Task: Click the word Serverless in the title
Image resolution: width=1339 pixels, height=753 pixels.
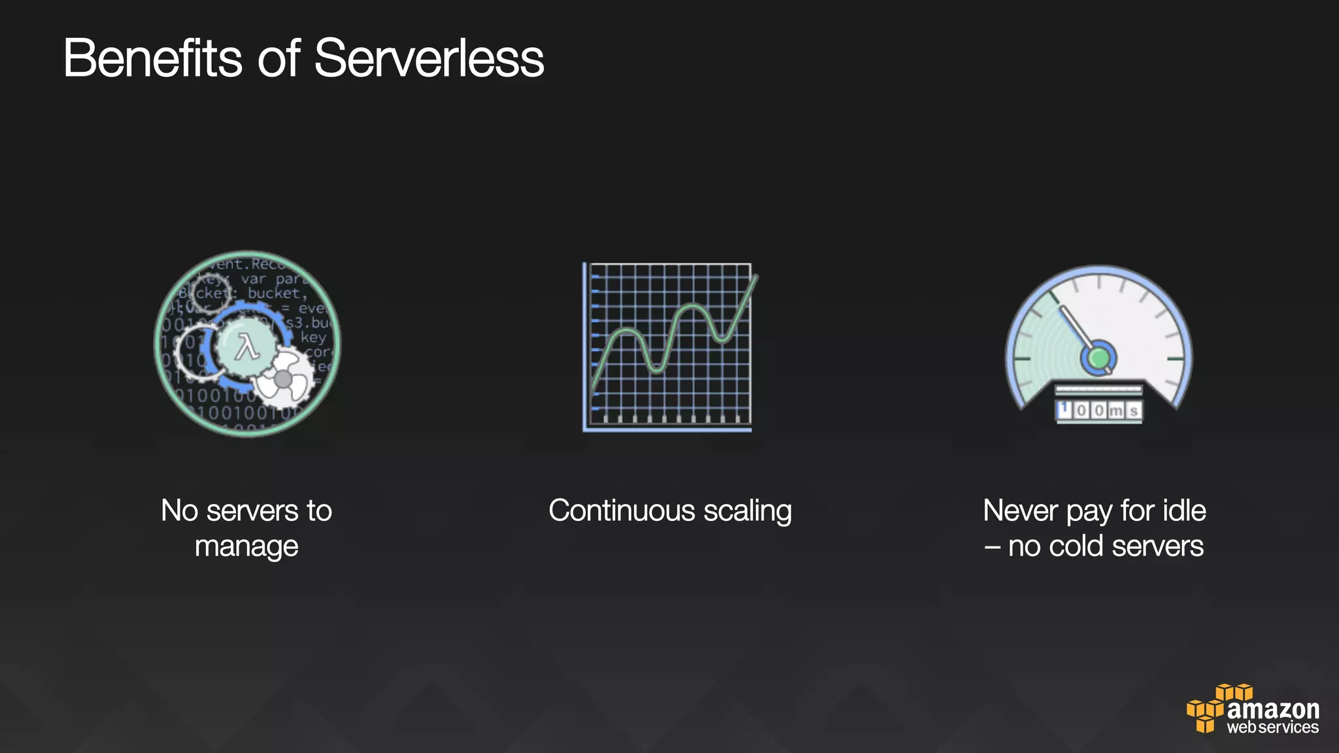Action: [429, 59]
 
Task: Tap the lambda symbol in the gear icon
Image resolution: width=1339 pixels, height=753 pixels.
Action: [247, 347]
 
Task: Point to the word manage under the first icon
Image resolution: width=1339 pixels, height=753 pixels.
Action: [246, 546]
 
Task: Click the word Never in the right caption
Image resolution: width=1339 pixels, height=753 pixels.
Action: [1021, 511]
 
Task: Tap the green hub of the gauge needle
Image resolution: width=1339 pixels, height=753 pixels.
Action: [1098, 358]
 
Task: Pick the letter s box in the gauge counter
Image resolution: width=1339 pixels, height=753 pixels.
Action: [1134, 410]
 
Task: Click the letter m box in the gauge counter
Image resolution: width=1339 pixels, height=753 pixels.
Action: [1116, 410]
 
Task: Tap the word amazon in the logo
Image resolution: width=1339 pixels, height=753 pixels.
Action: [1273, 709]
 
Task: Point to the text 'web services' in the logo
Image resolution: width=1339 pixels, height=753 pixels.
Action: [1272, 728]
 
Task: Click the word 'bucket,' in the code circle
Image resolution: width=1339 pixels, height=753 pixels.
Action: [277, 293]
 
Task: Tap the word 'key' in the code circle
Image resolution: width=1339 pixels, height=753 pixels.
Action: [313, 337]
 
